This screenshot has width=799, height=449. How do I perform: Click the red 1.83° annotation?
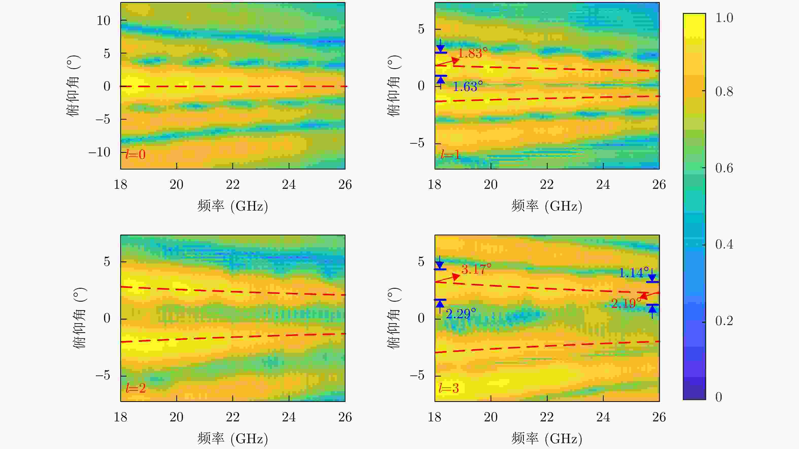tap(472, 53)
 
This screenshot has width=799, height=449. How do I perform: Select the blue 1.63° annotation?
tap(468, 86)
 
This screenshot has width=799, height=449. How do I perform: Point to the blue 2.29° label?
tap(461, 314)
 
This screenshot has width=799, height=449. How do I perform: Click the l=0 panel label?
tap(135, 154)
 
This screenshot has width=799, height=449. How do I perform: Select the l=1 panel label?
tap(450, 154)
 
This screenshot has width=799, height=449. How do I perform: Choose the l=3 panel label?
tap(448, 388)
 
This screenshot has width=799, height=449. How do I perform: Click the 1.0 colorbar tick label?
tap(724, 18)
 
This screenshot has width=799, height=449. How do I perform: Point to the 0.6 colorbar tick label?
tap(724, 168)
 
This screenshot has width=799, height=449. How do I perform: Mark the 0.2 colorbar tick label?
tap(724, 321)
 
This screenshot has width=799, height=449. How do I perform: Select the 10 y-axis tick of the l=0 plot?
tap(103, 21)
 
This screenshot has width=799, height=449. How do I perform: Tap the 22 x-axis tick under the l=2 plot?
tap(233, 417)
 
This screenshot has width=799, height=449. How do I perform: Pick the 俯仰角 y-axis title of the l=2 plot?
tap(80, 318)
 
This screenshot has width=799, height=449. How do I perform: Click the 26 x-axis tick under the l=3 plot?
tap(659, 417)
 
